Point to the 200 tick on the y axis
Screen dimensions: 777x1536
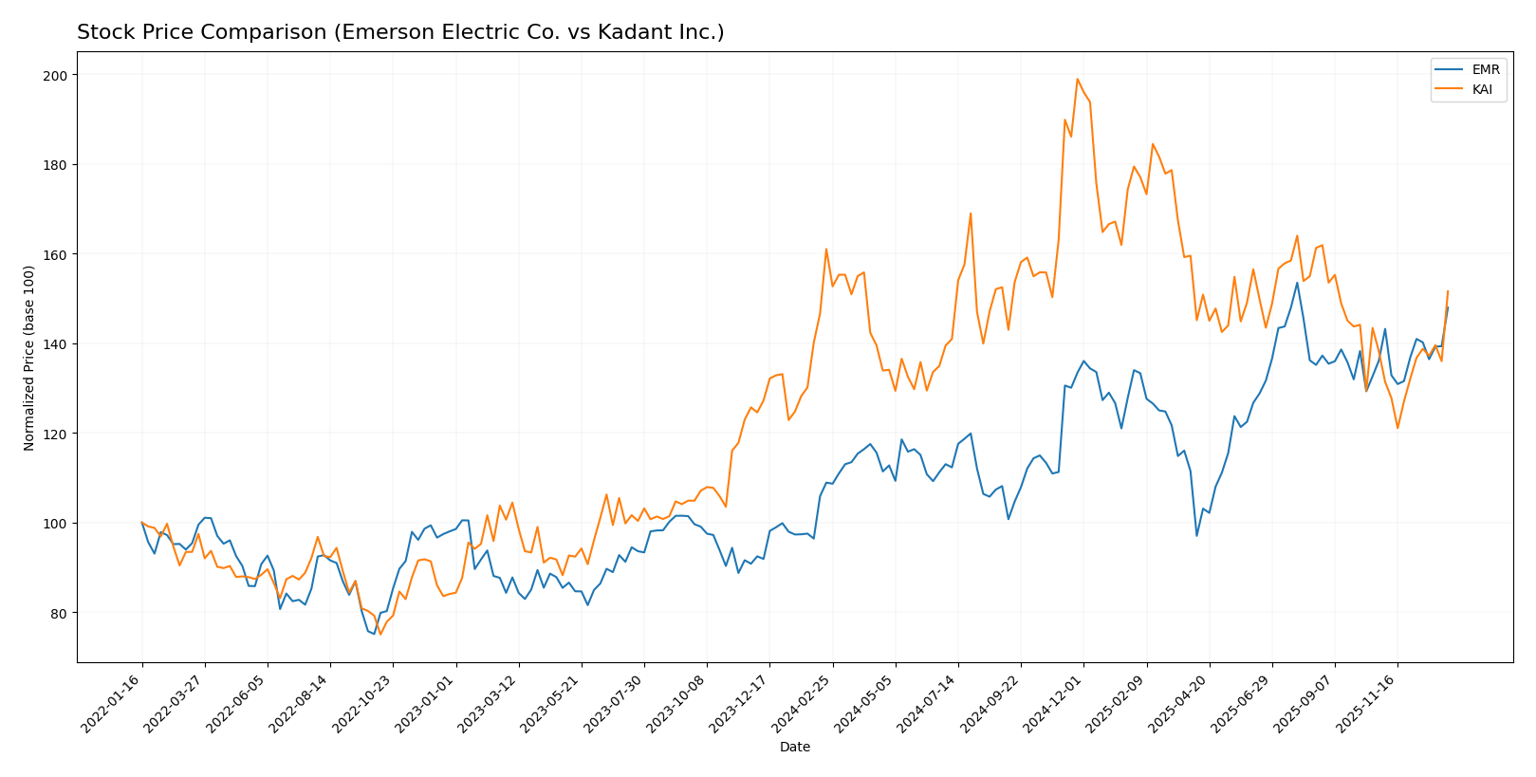[x=58, y=75]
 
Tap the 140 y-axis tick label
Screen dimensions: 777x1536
[x=58, y=344]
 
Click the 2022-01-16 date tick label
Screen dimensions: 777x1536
[x=110, y=703]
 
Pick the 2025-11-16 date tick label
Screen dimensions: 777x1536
[x=1365, y=703]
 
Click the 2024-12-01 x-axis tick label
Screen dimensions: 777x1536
[x=1051, y=703]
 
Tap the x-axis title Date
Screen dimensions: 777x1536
[x=794, y=748]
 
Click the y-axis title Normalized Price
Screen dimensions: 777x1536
[x=29, y=358]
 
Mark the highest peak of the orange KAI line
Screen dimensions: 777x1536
[x=1077, y=79]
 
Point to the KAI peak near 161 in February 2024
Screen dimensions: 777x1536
[x=826, y=249]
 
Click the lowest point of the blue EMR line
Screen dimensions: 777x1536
[x=374, y=634]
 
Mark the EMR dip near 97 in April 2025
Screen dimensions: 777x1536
[x=1196, y=536]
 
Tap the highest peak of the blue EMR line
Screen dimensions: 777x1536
[x=1297, y=282]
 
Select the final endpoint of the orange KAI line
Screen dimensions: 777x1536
[x=1448, y=291]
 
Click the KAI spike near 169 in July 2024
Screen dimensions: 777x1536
[x=971, y=213]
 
